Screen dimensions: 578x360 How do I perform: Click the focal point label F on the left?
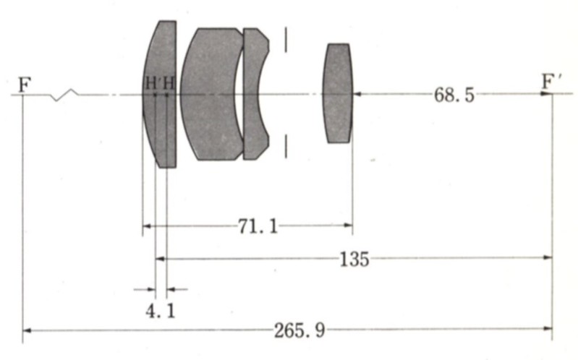pos(25,85)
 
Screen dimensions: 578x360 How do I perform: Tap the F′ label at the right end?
pos(551,82)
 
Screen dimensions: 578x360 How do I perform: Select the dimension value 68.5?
pos(454,95)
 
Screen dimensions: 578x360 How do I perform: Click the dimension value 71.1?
pos(258,226)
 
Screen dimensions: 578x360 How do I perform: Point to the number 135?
pos(354,259)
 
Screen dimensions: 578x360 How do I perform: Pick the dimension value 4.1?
pos(161,312)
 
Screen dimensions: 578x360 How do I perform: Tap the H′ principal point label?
pos(151,83)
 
